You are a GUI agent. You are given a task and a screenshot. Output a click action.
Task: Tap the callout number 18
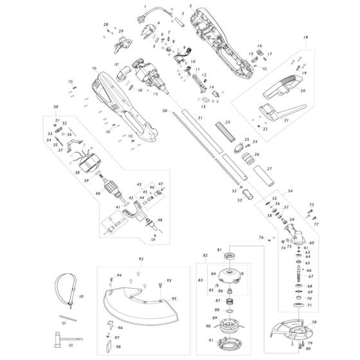coord(304,39)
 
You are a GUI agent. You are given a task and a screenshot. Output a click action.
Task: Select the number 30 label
coord(55,107)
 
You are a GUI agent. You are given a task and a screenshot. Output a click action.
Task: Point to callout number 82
coord(205,256)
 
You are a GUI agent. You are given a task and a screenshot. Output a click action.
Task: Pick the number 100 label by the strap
coord(81,296)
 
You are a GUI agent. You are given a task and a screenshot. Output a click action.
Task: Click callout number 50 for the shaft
coord(165,112)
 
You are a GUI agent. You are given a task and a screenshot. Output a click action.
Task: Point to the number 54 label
coord(290,192)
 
